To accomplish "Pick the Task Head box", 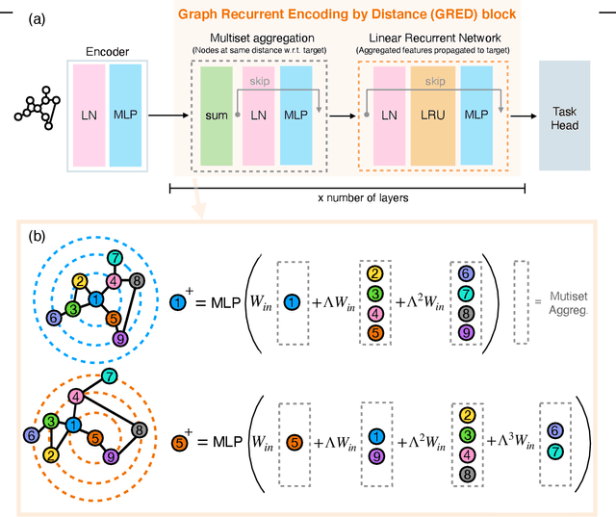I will (x=571, y=116).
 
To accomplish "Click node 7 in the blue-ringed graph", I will (x=115, y=258).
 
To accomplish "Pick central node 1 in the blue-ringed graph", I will (x=96, y=300).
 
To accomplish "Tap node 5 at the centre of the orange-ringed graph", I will (x=95, y=436).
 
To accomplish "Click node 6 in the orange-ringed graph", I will (x=32, y=435).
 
